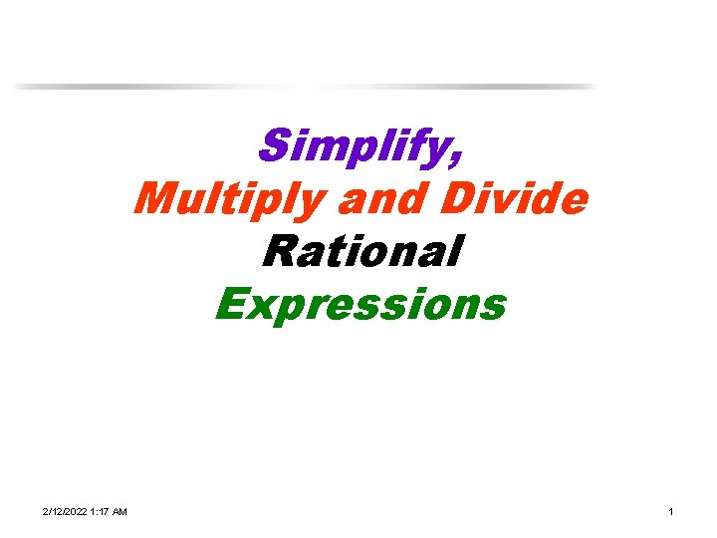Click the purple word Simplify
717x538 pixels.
pyautogui.click(x=354, y=148)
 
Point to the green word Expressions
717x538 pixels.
pyautogui.click(x=360, y=304)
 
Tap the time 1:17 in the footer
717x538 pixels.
pyautogui.click(x=103, y=511)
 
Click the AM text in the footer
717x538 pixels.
pyautogui.click(x=119, y=511)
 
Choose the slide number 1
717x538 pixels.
pyautogui.click(x=671, y=511)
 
